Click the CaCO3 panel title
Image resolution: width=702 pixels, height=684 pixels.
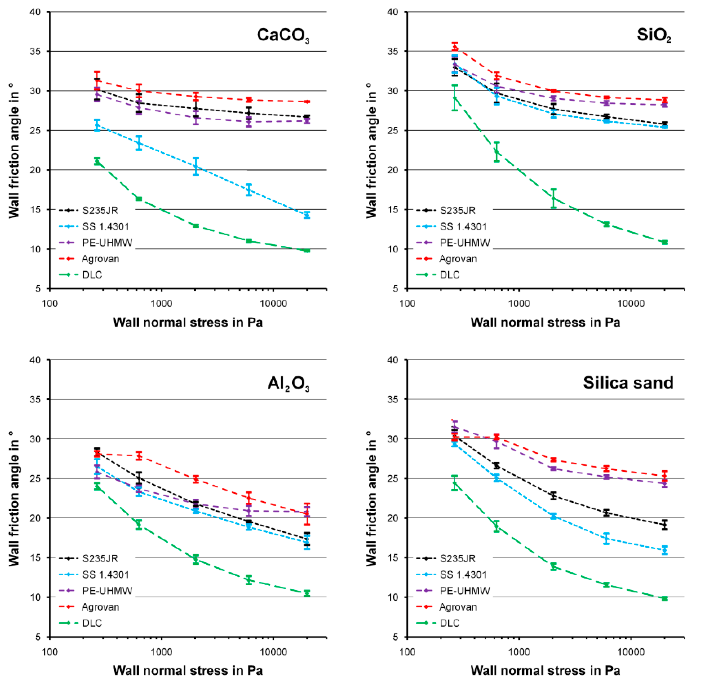283,36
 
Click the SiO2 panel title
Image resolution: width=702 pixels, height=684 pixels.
653,36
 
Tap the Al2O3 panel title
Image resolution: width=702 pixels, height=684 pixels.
288,384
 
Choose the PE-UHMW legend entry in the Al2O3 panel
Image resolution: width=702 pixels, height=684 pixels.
107,591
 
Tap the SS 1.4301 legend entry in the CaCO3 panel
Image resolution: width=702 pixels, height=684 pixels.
106,227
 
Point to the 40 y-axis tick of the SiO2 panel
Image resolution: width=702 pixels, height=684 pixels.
393,12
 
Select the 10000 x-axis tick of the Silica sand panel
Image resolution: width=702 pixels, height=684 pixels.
631,652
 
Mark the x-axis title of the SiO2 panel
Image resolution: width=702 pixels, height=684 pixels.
545,322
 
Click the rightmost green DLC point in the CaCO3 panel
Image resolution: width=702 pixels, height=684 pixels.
307,250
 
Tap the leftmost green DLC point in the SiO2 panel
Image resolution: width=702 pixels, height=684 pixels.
455,98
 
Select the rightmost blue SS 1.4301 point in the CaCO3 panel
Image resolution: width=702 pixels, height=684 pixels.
307,215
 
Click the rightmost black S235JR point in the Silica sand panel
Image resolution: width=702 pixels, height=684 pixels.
665,525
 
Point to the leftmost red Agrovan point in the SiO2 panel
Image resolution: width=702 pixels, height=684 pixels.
455,47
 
